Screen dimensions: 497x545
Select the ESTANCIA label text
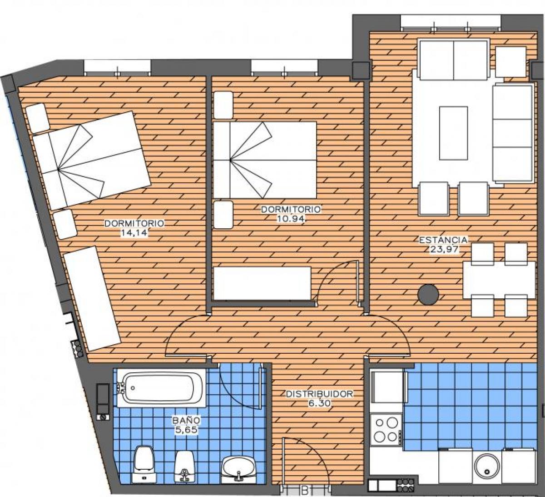coord(443,240)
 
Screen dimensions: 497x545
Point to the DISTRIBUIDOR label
coord(319,394)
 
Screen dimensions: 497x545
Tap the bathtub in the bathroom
coord(161,387)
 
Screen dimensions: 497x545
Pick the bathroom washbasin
coord(238,467)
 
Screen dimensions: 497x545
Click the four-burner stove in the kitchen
coord(386,430)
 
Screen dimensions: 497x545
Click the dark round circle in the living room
coord(428,295)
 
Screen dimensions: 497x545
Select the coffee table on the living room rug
coord(453,133)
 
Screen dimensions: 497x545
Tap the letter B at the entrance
coord(305,491)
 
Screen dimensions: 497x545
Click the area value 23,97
coord(443,249)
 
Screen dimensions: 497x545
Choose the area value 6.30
coord(319,403)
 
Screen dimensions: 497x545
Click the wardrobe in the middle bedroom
coord(262,283)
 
